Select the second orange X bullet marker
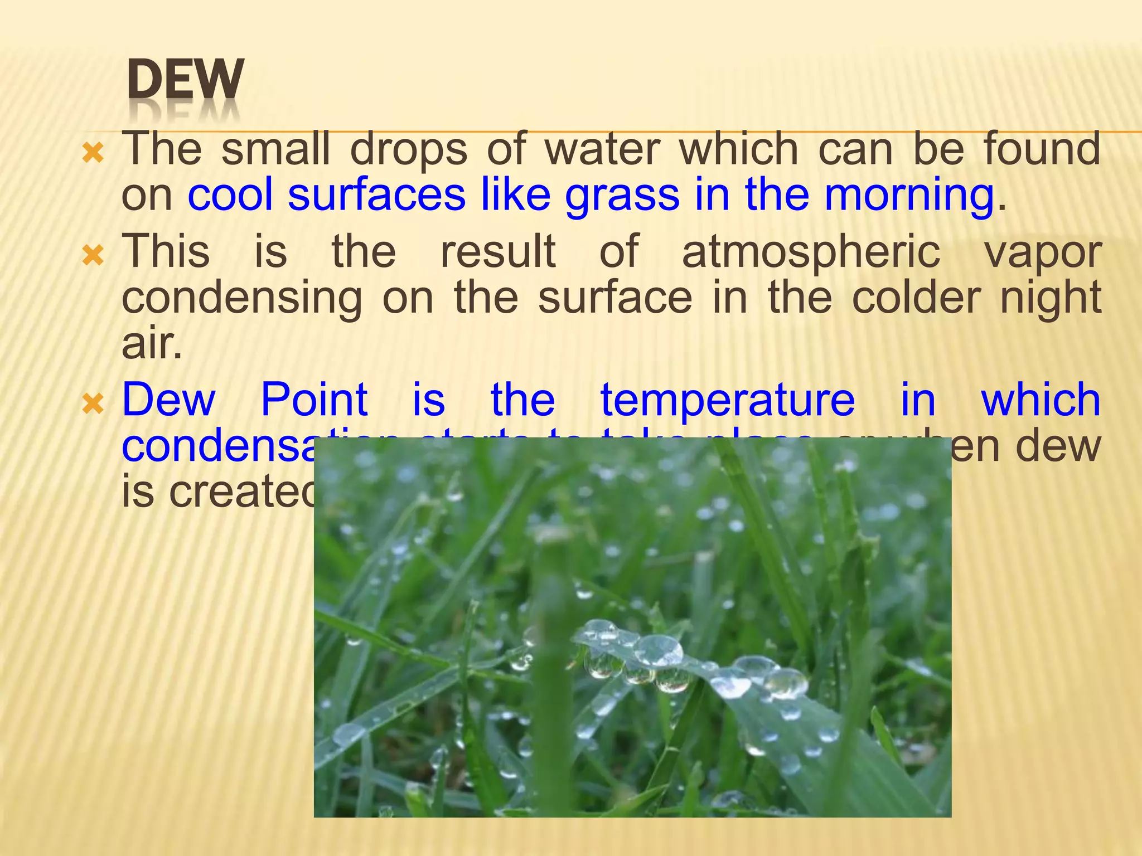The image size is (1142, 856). [x=93, y=255]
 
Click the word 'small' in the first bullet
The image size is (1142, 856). [x=275, y=149]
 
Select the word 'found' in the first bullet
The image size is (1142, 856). [x=1042, y=149]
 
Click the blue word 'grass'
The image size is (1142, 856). [x=622, y=195]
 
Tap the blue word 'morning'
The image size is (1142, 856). [x=909, y=195]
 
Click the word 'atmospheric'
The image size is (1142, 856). [x=811, y=252]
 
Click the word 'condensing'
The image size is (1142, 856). [x=242, y=299]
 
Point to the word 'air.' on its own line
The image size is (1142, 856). [x=152, y=344]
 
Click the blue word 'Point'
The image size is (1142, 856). [x=314, y=400]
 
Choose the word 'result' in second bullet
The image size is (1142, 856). [x=498, y=252]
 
